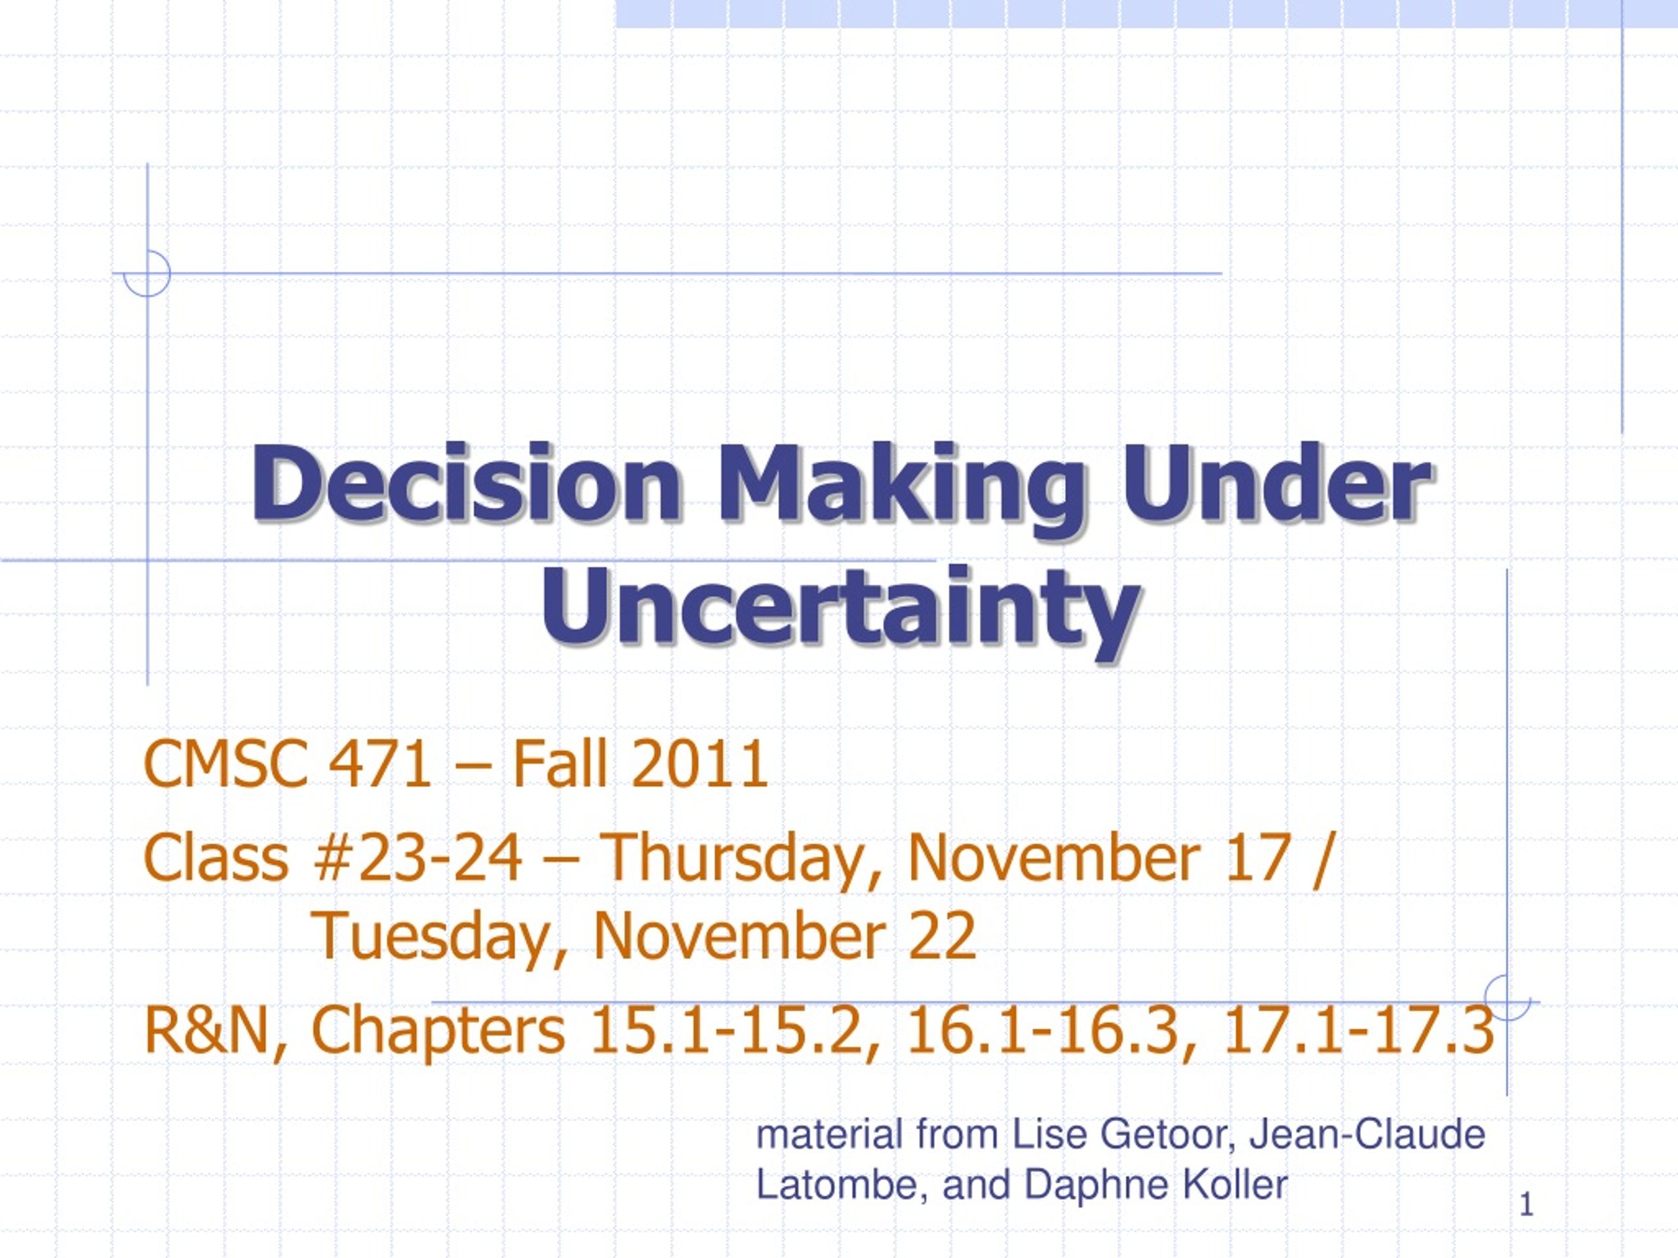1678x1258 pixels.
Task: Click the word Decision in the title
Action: [x=466, y=483]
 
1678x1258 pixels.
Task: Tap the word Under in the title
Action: [x=1277, y=483]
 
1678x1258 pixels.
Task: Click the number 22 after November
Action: [x=942, y=936]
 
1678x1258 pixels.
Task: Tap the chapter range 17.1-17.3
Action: [x=1359, y=1031]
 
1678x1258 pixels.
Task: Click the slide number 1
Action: [x=1527, y=1205]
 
